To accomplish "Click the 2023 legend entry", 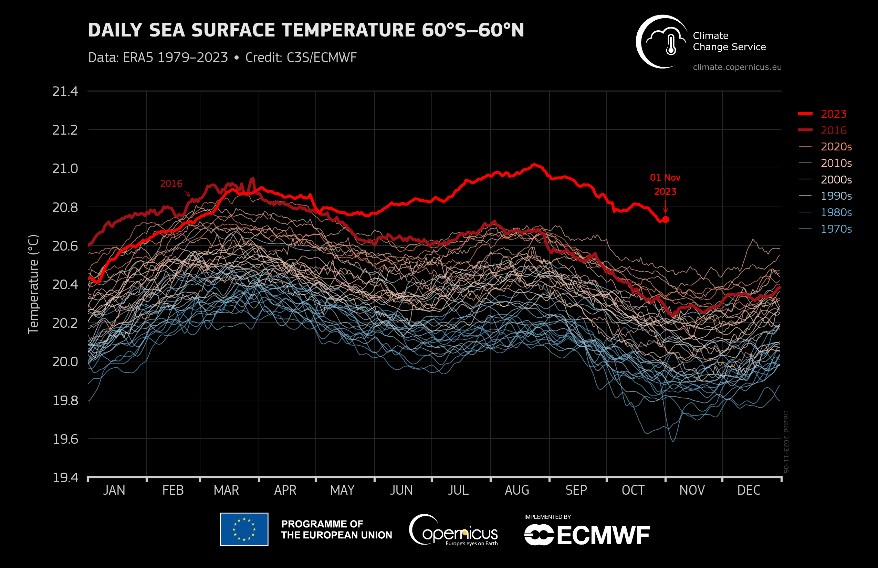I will pos(833,114).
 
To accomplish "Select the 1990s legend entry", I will pos(836,196).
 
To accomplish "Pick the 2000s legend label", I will pos(836,180).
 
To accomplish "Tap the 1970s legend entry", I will pos(836,229).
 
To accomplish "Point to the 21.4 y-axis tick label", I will pos(65,92).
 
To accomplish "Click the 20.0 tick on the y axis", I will pos(65,362).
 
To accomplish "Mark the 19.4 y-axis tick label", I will pos(65,478).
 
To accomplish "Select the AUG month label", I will pos(517,490).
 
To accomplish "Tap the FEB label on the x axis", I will pos(173,490).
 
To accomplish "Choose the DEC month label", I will pos(749,490).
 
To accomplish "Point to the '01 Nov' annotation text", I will pos(665,178).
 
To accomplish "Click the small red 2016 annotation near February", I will pos(171,184).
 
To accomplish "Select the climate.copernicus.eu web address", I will pos(737,67).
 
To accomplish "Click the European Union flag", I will pos(244,529).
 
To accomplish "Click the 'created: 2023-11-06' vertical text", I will pos(786,441).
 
